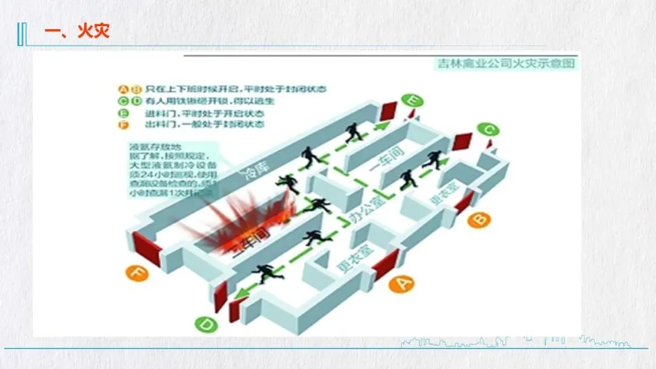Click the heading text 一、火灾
[x=77, y=32]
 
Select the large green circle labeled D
[x=207, y=325]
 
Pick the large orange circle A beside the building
[x=400, y=283]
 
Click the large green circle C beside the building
[x=488, y=130]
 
